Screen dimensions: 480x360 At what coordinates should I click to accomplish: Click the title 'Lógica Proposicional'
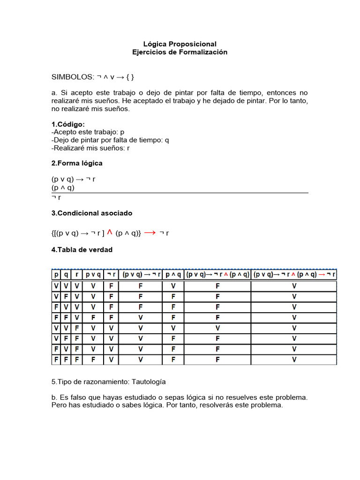pyautogui.click(x=180, y=44)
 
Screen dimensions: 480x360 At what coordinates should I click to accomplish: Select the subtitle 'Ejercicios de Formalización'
pyautogui.click(x=180, y=52)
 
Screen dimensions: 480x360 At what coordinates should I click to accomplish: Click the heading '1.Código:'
pyautogui.click(x=68, y=124)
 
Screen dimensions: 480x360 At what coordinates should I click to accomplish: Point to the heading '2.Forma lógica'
pyautogui.click(x=77, y=163)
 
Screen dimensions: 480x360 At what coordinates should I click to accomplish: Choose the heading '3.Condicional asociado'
pyautogui.click(x=92, y=213)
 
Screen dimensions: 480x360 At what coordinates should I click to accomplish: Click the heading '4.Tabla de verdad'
pyautogui.click(x=82, y=250)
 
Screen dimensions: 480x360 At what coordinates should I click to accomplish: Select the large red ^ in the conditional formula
pyautogui.click(x=110, y=232)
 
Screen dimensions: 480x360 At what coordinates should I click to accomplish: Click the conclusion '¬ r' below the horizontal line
pyautogui.click(x=56, y=197)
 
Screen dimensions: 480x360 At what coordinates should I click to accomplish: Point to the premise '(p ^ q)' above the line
pyautogui.click(x=63, y=187)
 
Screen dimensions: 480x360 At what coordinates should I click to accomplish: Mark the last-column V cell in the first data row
pyautogui.click(x=294, y=286)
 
